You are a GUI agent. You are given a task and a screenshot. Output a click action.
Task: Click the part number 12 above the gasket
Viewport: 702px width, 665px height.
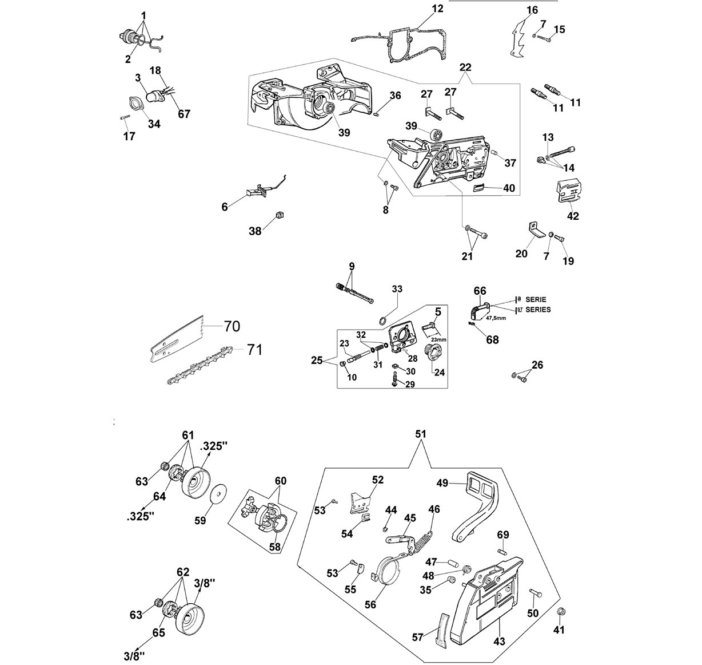click(x=437, y=9)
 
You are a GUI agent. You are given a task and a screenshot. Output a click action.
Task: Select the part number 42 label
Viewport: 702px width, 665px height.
click(x=573, y=216)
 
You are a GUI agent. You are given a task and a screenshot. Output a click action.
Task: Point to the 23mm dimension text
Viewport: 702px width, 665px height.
click(x=438, y=339)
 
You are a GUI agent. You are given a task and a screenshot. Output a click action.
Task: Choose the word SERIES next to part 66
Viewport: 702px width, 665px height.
click(x=538, y=310)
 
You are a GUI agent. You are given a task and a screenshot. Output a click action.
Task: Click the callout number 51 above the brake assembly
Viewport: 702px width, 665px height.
click(x=421, y=434)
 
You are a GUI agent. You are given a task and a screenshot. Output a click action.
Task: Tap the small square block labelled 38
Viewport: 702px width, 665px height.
click(x=280, y=215)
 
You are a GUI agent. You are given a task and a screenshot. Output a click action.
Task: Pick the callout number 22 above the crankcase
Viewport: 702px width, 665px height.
click(x=465, y=67)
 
